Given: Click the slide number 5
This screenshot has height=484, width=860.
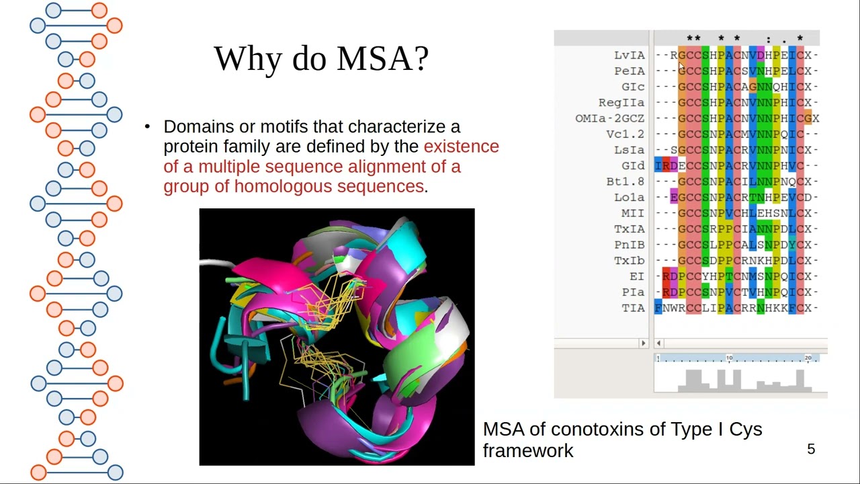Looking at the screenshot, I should (x=811, y=449).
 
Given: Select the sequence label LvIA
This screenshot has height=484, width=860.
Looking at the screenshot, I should (x=629, y=55).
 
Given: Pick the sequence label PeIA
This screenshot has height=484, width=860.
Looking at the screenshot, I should (x=629, y=71).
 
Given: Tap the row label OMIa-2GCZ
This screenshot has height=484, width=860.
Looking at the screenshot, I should (x=609, y=118).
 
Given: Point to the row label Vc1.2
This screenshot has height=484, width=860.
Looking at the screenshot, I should (x=625, y=134).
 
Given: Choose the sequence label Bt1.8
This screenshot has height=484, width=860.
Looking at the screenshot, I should (x=625, y=182).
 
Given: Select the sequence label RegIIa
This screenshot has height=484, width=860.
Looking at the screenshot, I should (x=621, y=102).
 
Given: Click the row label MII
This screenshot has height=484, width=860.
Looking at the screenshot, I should (x=633, y=213).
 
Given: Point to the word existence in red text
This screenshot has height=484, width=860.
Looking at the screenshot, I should (x=461, y=147).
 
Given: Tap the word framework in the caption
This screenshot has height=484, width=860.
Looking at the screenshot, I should (x=528, y=450).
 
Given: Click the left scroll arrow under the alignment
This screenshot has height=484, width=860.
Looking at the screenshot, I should (x=658, y=343).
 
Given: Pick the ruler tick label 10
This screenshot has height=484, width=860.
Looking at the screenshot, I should (x=729, y=358).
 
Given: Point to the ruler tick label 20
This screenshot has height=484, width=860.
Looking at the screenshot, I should (x=808, y=358).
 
